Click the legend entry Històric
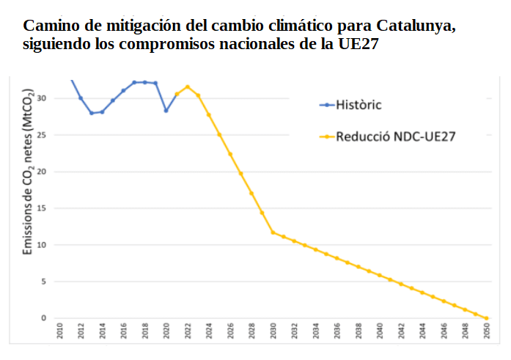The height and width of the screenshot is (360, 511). [359, 104]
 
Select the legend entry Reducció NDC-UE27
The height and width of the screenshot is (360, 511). [396, 136]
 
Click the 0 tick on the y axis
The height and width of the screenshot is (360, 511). [43, 318]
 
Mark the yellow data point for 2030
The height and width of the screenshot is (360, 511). [273, 232]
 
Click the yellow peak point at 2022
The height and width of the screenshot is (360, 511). [188, 87]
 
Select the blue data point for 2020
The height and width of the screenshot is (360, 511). [166, 111]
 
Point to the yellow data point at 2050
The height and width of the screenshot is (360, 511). [486, 318]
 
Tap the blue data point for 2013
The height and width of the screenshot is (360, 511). [92, 113]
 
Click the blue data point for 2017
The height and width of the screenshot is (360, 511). [134, 82]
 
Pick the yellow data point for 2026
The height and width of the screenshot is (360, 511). [230, 154]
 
